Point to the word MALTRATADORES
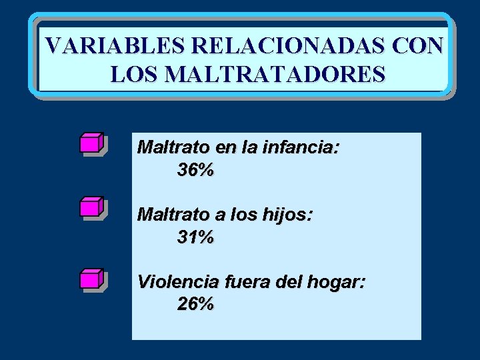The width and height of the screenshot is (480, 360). tap(274, 74)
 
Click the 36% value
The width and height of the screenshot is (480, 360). tap(196, 170)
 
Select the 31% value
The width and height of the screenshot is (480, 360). tap(196, 237)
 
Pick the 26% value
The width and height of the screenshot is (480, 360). tap(196, 305)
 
